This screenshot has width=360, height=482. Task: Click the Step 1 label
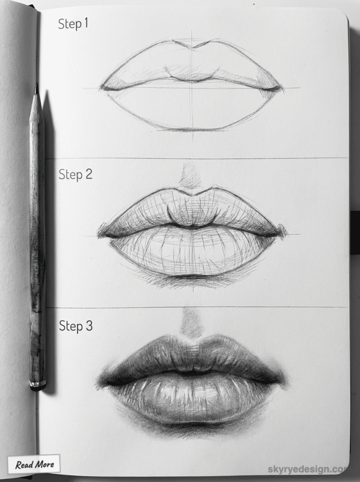point(73,24)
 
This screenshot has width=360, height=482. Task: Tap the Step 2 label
point(75,175)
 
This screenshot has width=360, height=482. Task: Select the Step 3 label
point(75,326)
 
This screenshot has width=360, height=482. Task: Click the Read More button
point(34,465)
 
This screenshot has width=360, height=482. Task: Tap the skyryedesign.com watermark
point(308,469)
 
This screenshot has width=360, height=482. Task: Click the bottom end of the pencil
point(38,386)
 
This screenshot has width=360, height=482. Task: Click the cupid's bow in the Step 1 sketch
point(191,46)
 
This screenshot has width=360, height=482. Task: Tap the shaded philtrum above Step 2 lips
point(191,177)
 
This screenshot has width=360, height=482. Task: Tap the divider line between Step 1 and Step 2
point(198,158)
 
